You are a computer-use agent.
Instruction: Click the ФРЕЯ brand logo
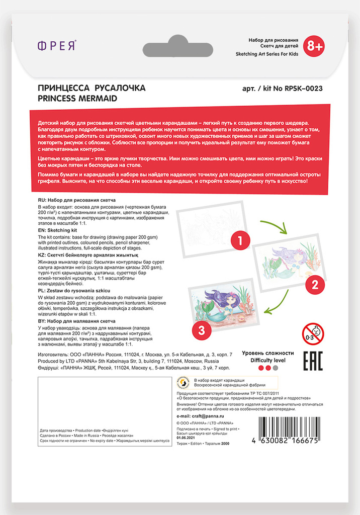[57, 46]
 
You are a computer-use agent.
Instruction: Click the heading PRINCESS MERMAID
[77, 99]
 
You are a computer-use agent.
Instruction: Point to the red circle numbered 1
[241, 240]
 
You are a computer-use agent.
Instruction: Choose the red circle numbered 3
[201, 329]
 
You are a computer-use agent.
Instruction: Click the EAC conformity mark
[312, 361]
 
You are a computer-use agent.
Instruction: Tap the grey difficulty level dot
[275, 368]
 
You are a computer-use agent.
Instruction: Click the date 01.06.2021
[186, 438]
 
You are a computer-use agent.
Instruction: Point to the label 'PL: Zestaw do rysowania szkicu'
[74, 291]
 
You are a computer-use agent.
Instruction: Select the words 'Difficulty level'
[268, 360]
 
